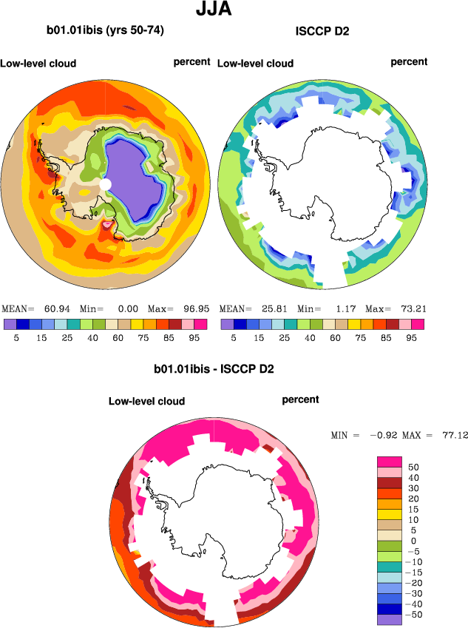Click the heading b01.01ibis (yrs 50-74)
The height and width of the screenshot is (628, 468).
(105, 31)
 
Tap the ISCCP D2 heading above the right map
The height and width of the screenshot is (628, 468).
(322, 31)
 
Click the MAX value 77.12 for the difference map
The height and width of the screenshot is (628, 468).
(451, 436)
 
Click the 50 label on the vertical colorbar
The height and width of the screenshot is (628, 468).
(413, 467)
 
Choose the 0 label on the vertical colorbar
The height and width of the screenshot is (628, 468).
(413, 541)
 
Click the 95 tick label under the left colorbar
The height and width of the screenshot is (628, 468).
(194, 337)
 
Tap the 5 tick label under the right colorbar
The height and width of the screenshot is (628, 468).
(234, 337)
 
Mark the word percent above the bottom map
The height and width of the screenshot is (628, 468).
(300, 399)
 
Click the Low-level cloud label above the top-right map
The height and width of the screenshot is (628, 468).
(255, 64)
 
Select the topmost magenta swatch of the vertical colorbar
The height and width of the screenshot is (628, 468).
(389, 462)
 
